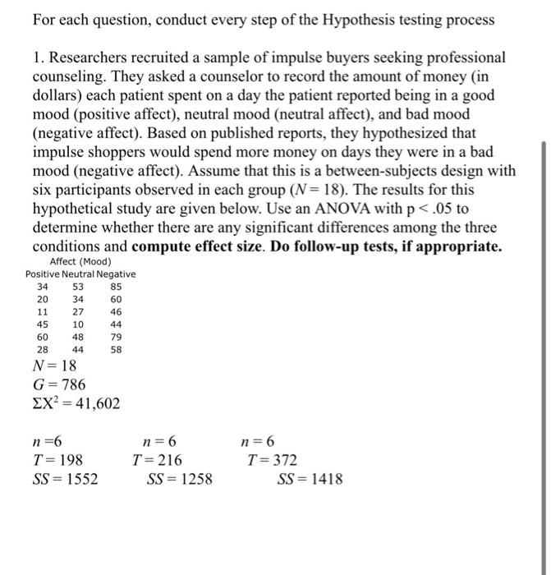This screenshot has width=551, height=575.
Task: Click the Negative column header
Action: (x=119, y=274)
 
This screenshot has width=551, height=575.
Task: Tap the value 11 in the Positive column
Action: (x=42, y=312)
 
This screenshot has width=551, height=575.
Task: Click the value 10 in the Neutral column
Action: (x=78, y=324)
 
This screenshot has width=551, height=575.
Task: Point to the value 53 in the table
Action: (x=78, y=287)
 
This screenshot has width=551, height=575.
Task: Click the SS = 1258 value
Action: (x=179, y=479)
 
